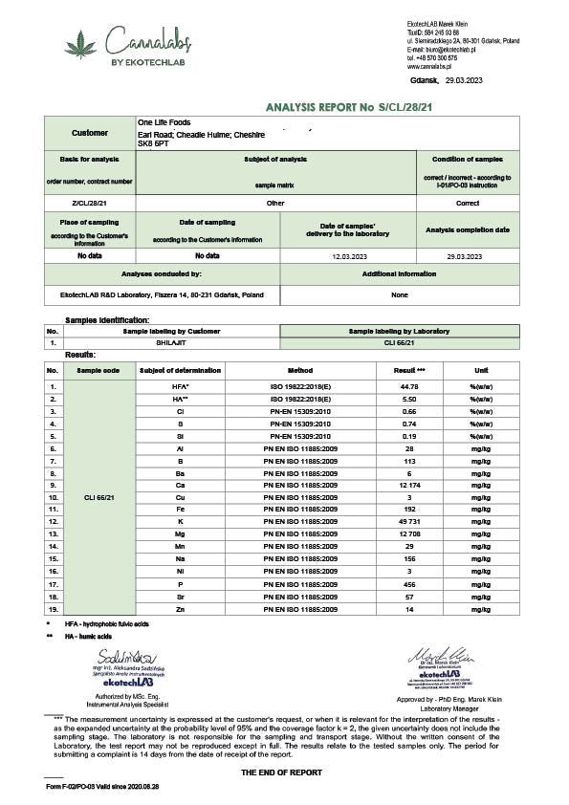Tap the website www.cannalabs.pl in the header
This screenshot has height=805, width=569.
point(431,67)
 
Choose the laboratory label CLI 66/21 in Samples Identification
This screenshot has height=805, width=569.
point(399,341)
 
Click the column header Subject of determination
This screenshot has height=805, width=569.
point(180,370)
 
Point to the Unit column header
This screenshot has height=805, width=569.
point(481,370)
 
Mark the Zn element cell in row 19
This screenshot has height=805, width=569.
point(180,609)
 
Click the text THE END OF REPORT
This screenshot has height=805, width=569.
point(281,772)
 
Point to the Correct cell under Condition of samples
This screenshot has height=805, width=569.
point(468,203)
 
